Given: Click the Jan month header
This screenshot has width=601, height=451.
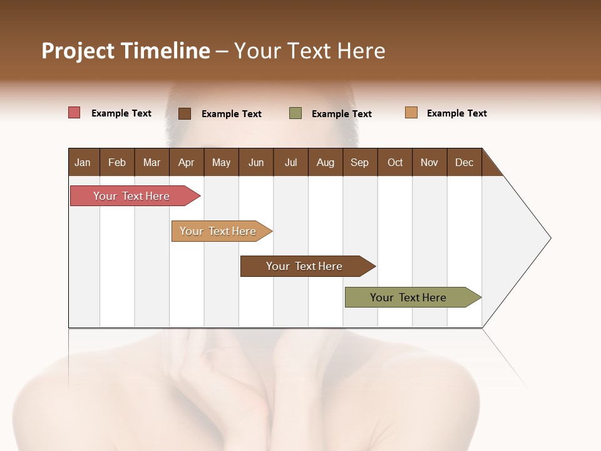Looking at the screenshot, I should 83,162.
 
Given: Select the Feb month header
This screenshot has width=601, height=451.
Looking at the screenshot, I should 117,162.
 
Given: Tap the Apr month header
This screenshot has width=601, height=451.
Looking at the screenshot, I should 186,162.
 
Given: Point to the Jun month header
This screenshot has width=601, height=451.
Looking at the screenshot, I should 256,162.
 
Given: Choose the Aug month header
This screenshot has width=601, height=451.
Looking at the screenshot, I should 325,162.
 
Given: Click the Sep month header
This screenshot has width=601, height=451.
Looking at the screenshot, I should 359,162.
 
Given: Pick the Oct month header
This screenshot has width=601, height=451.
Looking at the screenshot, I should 395,162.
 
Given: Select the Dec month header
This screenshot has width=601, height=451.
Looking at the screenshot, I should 464,162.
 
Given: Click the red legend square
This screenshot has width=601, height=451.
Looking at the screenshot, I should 74,113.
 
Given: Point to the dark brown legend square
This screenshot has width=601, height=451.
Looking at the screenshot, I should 185,113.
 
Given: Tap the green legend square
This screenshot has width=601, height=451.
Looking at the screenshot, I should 295,113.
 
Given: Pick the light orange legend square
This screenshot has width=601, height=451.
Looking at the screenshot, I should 411,113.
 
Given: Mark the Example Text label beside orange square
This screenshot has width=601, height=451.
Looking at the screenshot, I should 456,113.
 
